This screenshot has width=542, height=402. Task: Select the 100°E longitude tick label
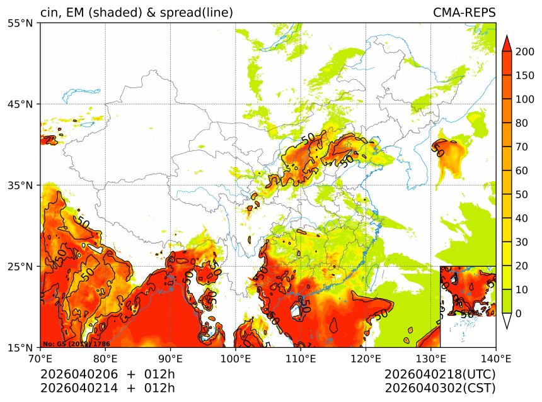pos(235,360)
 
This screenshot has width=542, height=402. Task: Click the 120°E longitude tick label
pos(366,360)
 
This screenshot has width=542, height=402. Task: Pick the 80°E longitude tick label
pos(105,360)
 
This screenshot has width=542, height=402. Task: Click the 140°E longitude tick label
pos(495,360)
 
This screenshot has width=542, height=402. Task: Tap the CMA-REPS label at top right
pos(464,13)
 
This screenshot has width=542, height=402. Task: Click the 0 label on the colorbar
pos(519,313)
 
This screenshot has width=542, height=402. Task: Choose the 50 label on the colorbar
pos(522,194)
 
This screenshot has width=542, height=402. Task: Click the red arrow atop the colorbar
pos(506,43)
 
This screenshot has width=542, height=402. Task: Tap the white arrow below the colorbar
pos(506,321)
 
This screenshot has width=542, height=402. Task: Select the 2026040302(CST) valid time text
pos(440,388)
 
